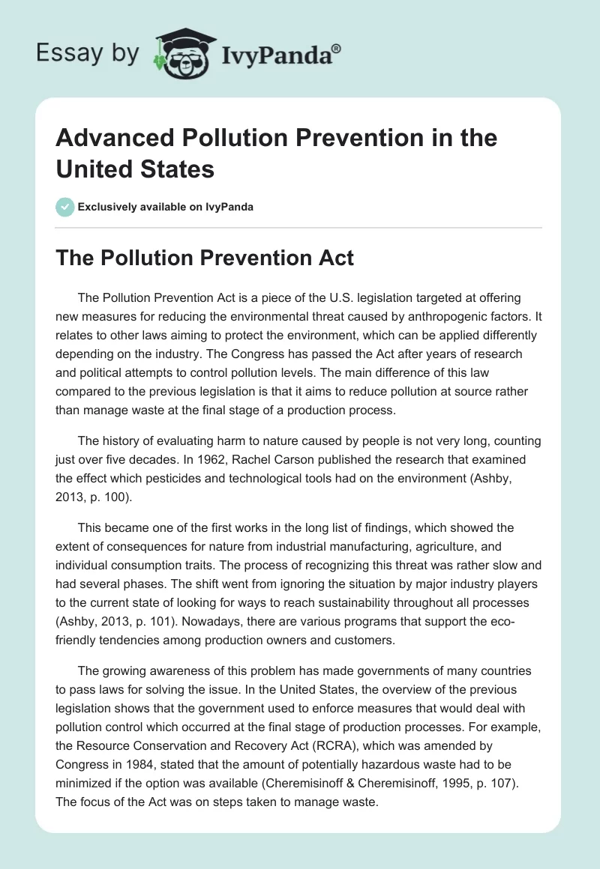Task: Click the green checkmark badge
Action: (65, 207)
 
